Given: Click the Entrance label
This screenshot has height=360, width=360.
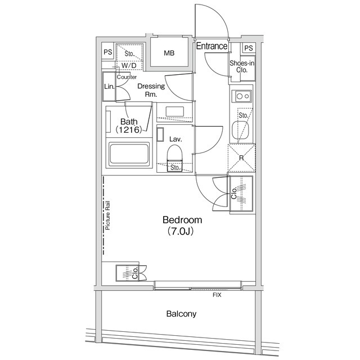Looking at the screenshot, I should click(211, 46).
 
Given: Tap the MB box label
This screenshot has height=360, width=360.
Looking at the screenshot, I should click(169, 53).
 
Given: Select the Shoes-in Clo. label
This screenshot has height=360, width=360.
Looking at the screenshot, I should click(242, 66).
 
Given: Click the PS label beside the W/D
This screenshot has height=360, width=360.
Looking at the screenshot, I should click(107, 53).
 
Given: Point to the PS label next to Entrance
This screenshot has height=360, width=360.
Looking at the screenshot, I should click(248, 47).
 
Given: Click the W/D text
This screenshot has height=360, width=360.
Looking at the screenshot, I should click(129, 66).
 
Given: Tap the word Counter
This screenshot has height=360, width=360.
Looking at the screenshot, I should click(127, 76).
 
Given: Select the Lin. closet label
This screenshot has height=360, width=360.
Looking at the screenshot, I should click(109, 87).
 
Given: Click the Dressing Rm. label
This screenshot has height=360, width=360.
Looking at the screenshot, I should click(151, 90).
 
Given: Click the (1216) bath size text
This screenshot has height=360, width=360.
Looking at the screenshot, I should click(128, 129).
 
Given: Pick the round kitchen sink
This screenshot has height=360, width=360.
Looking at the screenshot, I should click(237, 132).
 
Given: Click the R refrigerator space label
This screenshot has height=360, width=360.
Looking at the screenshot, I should click(241, 159).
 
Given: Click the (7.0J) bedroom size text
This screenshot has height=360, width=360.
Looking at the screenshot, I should click(181, 231).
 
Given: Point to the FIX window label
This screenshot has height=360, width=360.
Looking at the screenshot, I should click(216, 295).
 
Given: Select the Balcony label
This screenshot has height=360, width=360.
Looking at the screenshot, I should click(181, 314).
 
